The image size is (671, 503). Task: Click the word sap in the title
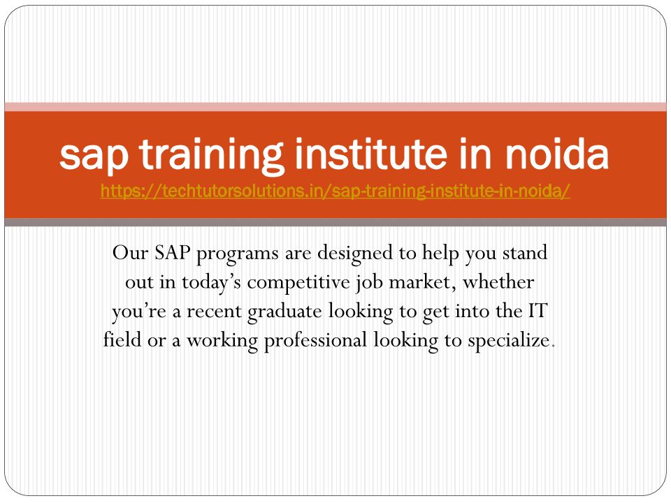pos(94,156)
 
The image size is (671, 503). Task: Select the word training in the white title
pos(211,155)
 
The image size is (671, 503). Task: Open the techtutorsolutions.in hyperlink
pos(335,191)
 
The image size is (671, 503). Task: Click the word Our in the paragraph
pos(130,252)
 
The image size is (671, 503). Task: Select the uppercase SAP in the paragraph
pos(173,252)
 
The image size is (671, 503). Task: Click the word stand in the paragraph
pos(525,252)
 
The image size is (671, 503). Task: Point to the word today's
pos(211,283)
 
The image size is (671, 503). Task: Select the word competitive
pos(298,283)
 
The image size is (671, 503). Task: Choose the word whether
pos(498,282)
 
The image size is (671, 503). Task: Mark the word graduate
pos(284,312)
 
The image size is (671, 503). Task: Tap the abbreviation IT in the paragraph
pos(537,311)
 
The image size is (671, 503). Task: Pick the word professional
pos(315,341)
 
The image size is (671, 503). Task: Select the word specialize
pos(508,341)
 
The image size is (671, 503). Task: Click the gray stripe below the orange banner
pos(335,222)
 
